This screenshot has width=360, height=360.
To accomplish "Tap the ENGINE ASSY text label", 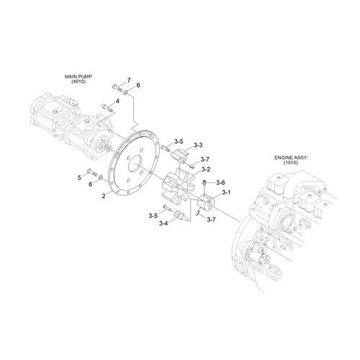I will coord(290,156).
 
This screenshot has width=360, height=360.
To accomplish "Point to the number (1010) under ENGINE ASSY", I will coord(290,163).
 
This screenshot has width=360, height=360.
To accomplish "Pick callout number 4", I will coord(117,101).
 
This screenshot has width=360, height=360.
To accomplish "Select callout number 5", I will coord(79,176).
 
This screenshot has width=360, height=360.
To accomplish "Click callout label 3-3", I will coord(199,144).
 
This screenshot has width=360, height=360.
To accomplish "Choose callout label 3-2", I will coord(205,169).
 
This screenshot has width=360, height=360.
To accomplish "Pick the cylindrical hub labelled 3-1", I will coord(207,204).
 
